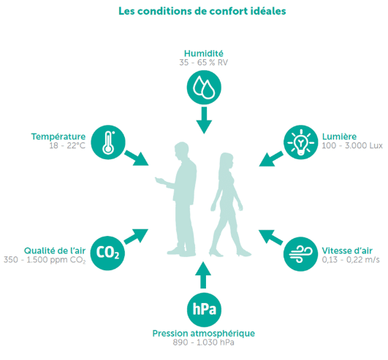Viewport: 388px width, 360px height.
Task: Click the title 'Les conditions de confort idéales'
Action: [202, 12]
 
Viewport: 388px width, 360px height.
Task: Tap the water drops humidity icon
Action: [204, 88]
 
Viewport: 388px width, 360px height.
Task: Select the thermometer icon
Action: [108, 142]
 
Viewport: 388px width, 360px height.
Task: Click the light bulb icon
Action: [300, 142]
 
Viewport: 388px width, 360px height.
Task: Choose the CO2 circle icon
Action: [107, 253]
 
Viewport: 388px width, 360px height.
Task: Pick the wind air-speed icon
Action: [300, 254]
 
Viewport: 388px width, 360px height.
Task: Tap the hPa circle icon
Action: [204, 310]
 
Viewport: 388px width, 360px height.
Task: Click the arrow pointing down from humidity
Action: [204, 120]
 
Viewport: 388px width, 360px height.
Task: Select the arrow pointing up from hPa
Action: [203, 275]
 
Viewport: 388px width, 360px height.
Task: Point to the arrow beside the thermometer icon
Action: [137, 158]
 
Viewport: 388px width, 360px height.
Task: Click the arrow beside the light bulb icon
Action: [271, 158]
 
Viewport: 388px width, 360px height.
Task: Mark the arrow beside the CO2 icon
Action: [136, 237]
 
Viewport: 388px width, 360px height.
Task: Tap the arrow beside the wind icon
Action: [271, 237]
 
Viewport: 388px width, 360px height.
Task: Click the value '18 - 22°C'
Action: [67, 145]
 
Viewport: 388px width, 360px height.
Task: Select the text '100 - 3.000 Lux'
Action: [352, 145]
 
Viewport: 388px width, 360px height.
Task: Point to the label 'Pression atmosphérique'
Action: [204, 334]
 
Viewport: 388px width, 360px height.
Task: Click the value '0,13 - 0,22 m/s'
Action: [351, 260]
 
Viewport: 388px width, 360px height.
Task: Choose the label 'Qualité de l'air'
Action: [55, 250]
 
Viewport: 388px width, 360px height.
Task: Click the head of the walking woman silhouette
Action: [227, 160]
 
